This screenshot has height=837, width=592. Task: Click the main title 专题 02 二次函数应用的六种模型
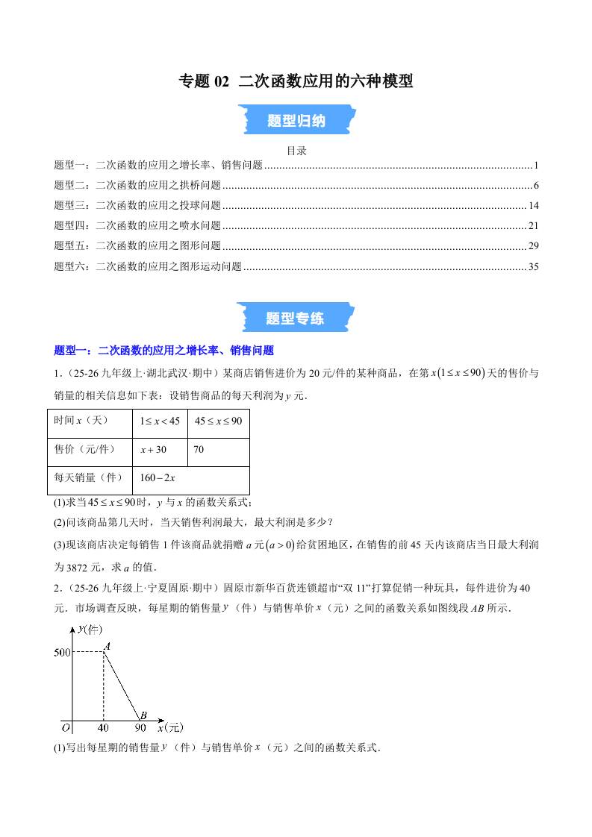296,81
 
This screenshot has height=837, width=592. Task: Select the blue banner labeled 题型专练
296,318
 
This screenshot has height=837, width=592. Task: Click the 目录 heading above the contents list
296,150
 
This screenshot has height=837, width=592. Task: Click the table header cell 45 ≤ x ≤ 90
218,421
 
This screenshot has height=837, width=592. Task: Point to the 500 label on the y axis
62,653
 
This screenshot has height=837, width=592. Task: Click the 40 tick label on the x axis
103,727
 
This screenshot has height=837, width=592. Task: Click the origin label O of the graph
66,727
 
